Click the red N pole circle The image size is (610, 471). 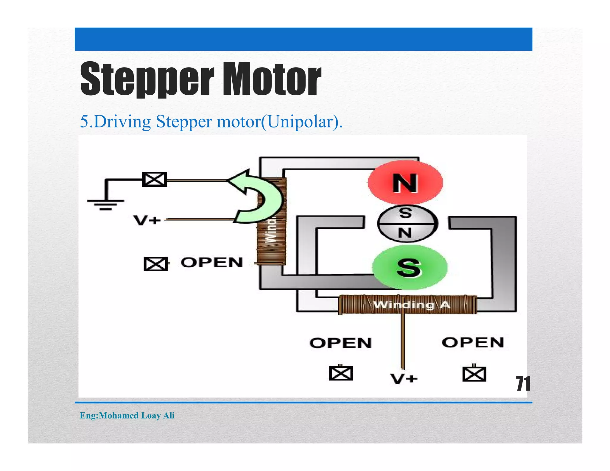tap(405, 183)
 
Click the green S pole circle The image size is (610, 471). tap(410, 267)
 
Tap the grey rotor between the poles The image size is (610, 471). tap(407, 223)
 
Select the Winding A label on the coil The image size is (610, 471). tap(412, 305)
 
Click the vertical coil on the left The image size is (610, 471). tap(272, 235)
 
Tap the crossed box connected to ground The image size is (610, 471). tap(154, 180)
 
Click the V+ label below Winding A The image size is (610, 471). tap(404, 379)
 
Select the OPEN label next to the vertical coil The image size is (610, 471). tap(211, 263)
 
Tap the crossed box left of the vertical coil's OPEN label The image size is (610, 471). tap(155, 264)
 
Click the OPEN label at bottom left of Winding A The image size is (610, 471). tap(340, 343)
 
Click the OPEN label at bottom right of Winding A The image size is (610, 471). tap(473, 342)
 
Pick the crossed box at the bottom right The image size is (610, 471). tap(474, 374)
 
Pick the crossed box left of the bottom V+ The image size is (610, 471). tap(341, 373)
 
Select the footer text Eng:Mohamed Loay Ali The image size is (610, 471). tap(127, 415)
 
